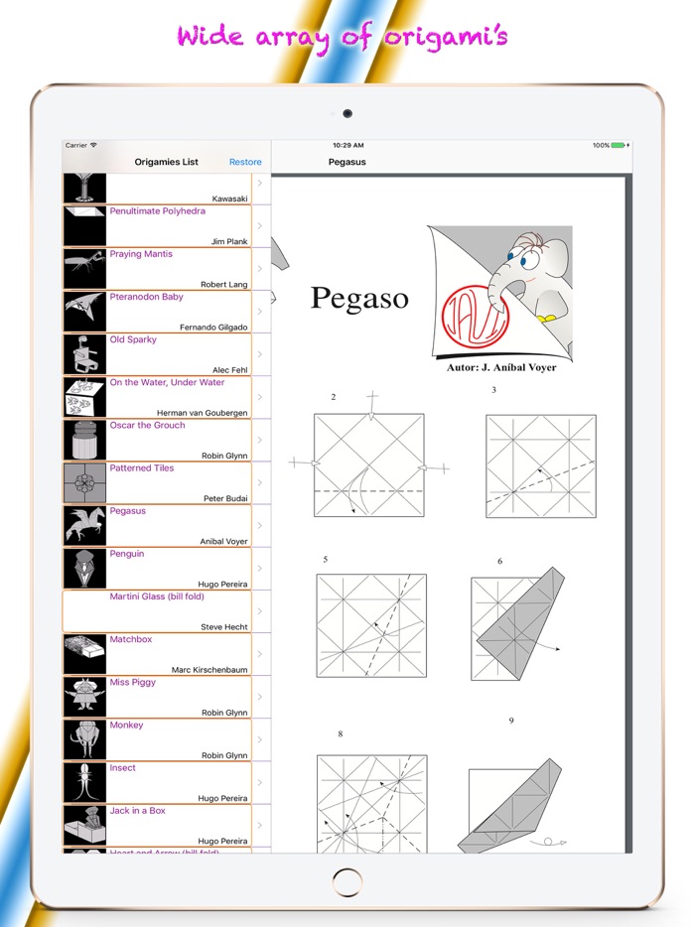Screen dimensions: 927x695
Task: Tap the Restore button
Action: tap(245, 162)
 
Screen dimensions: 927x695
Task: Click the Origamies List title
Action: tap(167, 162)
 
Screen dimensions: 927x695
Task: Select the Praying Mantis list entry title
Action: tap(141, 254)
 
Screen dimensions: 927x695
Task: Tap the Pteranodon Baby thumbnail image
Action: tap(84, 312)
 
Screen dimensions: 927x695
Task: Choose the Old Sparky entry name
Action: tap(133, 339)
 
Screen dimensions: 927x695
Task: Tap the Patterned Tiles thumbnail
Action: tap(84, 482)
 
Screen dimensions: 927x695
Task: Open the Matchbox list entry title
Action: tap(131, 639)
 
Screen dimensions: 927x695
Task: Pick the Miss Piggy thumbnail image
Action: tap(84, 697)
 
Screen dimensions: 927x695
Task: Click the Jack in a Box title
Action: tap(138, 811)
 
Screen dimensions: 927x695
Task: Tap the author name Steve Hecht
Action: tap(224, 627)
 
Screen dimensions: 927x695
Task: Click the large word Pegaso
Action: tap(359, 298)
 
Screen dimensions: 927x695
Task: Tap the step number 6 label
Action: tap(499, 562)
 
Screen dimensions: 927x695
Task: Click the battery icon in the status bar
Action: tap(619, 146)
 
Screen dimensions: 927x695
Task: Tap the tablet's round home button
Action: tap(347, 881)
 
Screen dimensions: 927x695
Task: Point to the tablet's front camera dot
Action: tap(347, 113)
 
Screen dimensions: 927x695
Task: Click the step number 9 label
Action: tap(511, 721)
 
